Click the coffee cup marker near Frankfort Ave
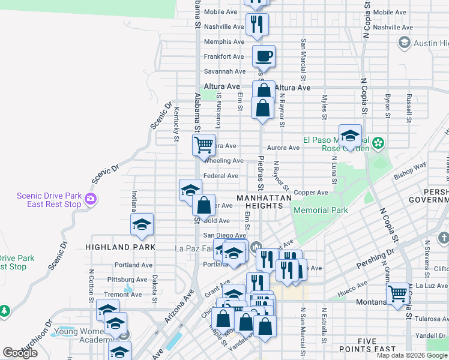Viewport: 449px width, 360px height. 264,57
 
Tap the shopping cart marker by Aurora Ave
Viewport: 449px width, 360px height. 203,145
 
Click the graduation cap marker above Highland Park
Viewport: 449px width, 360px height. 142,224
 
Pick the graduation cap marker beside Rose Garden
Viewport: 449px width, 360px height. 350,136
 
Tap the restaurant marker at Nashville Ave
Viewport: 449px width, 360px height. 257,24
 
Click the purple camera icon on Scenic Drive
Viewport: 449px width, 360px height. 91,199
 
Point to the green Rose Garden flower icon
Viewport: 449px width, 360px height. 378,143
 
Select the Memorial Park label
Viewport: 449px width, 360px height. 321,210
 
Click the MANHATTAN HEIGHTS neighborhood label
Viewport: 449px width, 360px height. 264,202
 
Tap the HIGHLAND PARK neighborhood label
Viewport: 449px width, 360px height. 120,247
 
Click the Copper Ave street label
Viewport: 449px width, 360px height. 311,193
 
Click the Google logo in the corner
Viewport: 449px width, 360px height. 20,353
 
